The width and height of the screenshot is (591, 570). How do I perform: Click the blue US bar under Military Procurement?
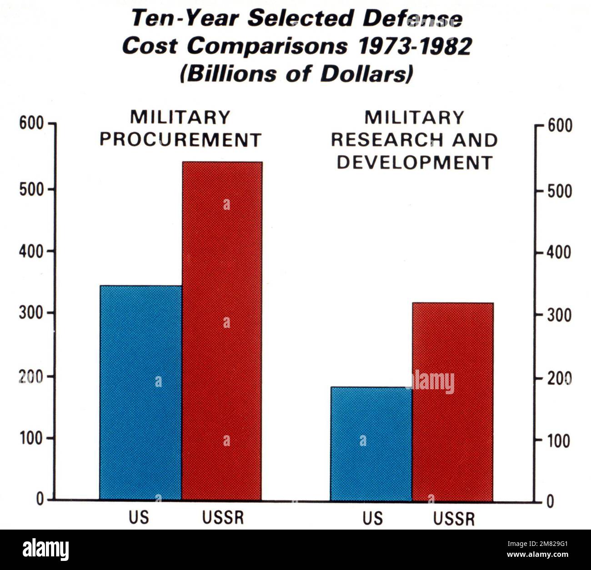tap(140, 393)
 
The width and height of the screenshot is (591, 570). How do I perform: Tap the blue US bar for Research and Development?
tap(371, 444)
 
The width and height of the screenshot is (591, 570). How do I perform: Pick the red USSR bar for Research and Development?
tap(453, 401)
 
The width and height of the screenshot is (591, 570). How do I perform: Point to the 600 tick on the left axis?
tap(31, 124)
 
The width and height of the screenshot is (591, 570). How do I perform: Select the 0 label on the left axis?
tap(40, 500)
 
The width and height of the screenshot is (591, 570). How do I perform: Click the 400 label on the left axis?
tap(31, 251)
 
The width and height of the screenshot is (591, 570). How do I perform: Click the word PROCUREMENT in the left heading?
tap(180, 140)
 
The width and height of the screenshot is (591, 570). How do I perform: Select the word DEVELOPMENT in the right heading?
tap(415, 163)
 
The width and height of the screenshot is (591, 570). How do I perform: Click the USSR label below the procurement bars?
tap(223, 518)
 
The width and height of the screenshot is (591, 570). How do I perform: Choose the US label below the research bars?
tap(372, 518)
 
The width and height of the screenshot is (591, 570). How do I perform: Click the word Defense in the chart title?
tap(412, 19)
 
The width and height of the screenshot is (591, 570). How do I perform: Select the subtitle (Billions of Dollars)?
tap(296, 74)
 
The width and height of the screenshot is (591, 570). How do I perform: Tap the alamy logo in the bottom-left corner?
tap(46, 550)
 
